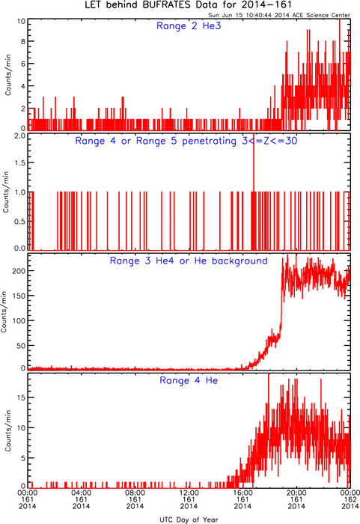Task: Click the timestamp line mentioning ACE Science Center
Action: tap(279, 15)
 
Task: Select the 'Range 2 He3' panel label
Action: tap(189, 25)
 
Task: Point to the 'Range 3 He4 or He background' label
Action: tap(189, 261)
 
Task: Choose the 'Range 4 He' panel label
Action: tap(189, 380)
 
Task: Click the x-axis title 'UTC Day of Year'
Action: tap(189, 520)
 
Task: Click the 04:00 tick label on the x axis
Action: tap(82, 493)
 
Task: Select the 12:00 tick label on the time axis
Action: tap(189, 493)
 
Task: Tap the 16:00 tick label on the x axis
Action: tap(242, 493)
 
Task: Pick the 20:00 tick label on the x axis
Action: tap(296, 493)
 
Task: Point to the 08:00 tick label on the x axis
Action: tap(135, 493)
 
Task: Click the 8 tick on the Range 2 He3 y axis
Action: tap(23, 41)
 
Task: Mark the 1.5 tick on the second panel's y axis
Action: tap(19, 162)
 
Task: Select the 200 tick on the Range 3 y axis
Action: tap(19, 271)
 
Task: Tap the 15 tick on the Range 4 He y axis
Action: tap(21, 397)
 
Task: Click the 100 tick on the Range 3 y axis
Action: tap(19, 321)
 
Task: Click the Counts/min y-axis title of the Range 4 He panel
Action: tap(7, 430)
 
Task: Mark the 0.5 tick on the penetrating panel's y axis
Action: tap(19, 222)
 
